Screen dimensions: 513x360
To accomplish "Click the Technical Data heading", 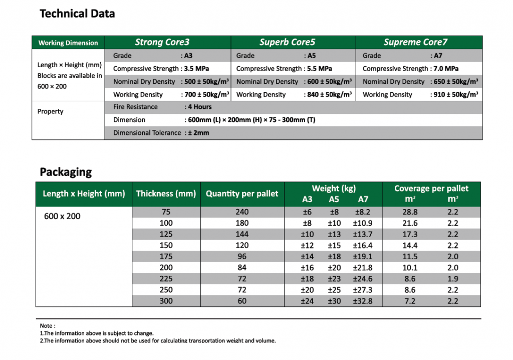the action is pos(77,14).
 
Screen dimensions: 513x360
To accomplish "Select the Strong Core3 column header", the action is pos(162,42).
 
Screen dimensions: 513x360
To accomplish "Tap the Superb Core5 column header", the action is pos(287,42).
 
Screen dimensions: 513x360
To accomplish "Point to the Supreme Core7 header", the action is pos(415,42).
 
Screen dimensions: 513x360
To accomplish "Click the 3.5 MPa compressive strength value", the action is pos(196,69).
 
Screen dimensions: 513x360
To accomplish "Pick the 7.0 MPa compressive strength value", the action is pos(446,69).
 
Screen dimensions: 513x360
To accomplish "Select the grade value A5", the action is pos(312,55).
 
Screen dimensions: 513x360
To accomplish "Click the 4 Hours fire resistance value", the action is pos(199,107).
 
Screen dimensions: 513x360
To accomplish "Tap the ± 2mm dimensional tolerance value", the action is pos(198,133).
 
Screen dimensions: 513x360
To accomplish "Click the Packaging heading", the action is pos(66,172).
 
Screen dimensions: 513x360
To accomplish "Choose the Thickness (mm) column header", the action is pos(166,194).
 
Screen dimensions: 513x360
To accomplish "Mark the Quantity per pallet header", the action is pos(242,194).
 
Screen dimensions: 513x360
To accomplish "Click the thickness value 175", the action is pos(166,257).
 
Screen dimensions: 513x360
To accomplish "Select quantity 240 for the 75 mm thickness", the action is pos(242,212).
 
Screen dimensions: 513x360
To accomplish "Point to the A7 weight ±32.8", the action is pos(363,301).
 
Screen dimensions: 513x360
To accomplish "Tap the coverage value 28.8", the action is pos(410,212).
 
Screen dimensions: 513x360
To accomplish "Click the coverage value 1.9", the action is pos(453,279).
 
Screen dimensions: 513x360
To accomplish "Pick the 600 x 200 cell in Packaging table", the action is pos(62,216).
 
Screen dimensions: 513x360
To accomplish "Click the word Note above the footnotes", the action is pos(46,325).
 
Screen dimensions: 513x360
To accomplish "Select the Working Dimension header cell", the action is pos(68,43).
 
